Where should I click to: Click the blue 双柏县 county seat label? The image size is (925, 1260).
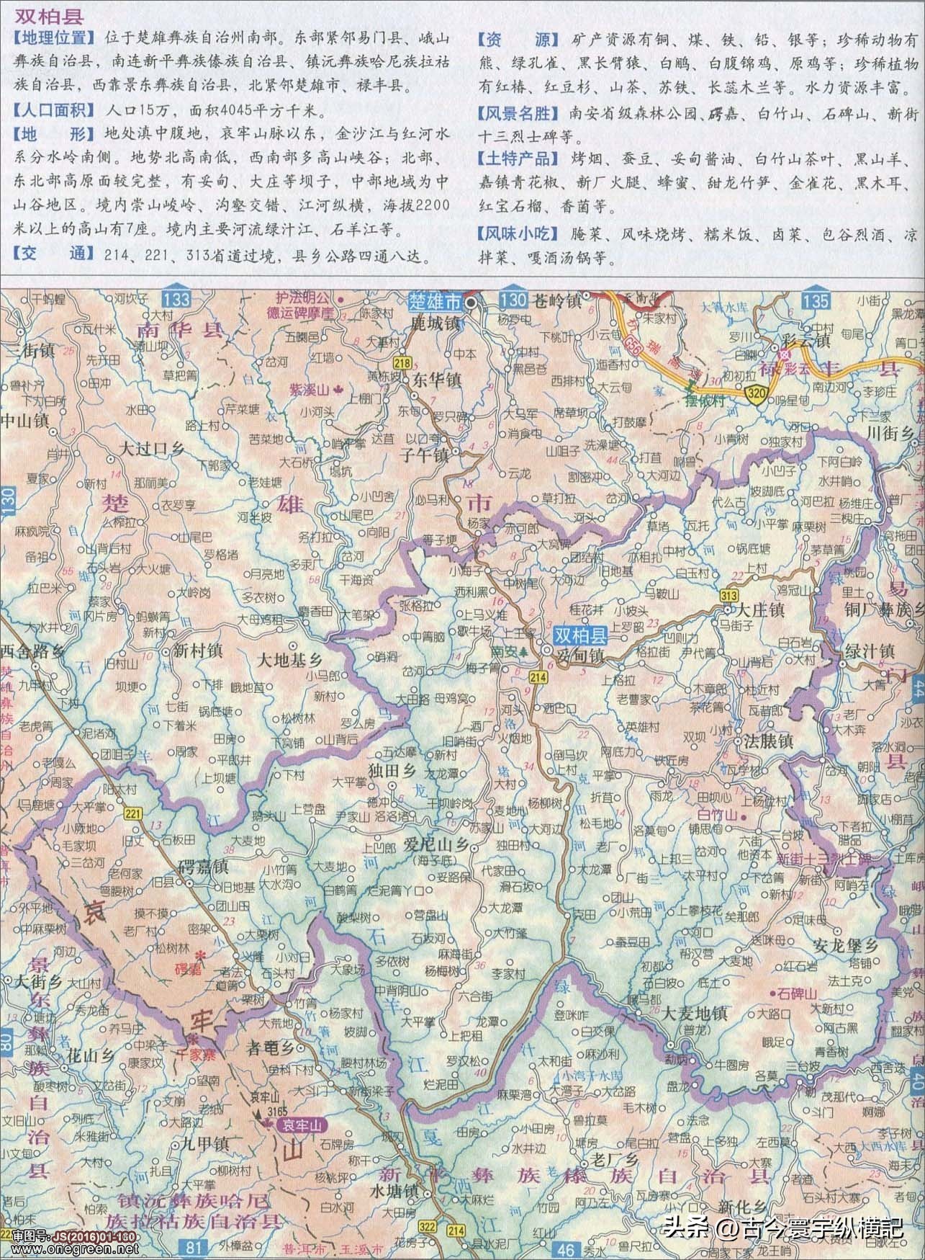[x=581, y=635]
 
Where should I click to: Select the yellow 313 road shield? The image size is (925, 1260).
[x=728, y=595]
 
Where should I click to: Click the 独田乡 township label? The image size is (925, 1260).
[x=392, y=769]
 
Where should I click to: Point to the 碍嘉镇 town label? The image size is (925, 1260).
[x=203, y=865]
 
